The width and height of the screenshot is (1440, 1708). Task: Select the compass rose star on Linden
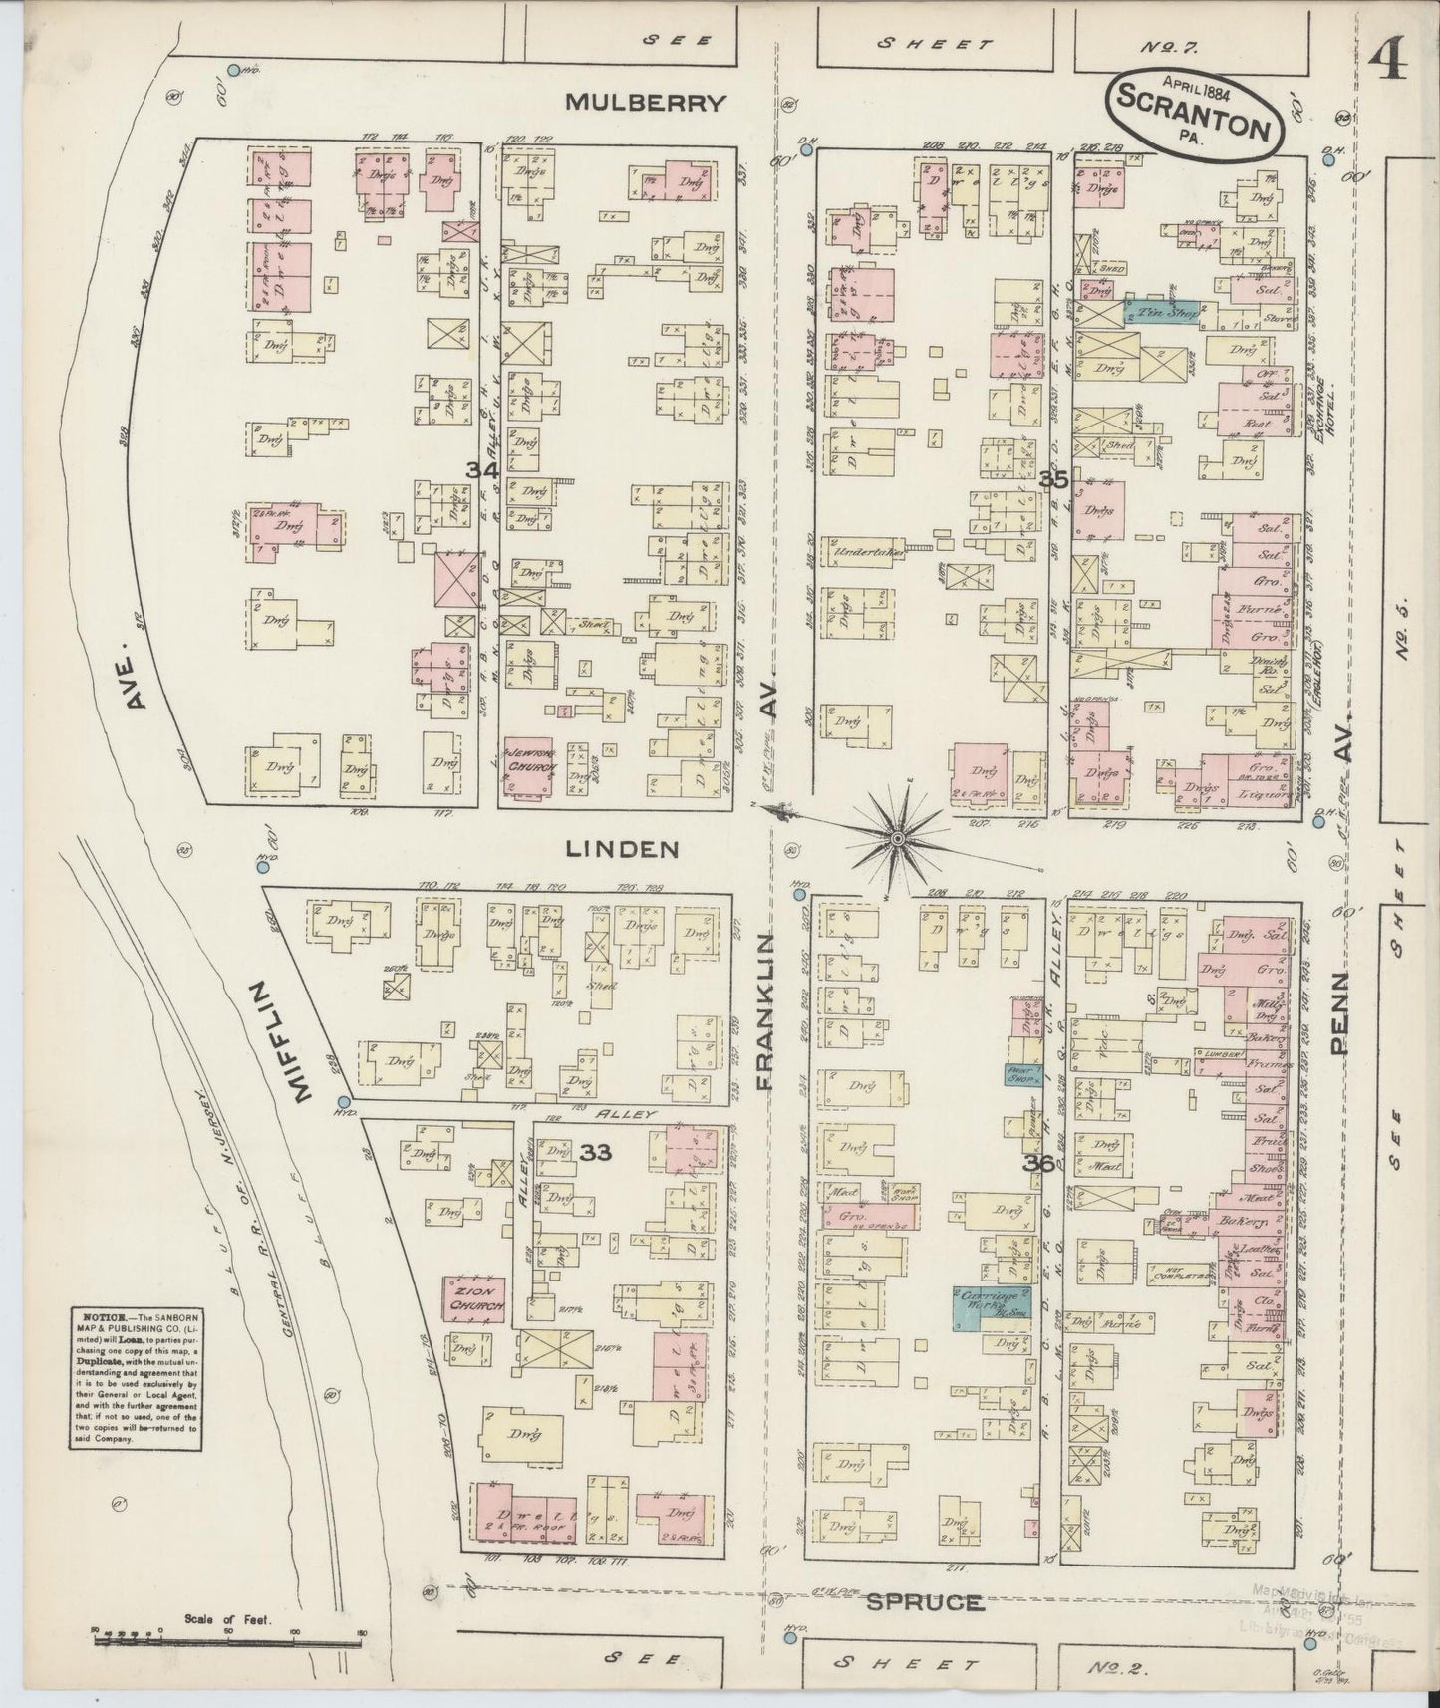pyautogui.click(x=897, y=839)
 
